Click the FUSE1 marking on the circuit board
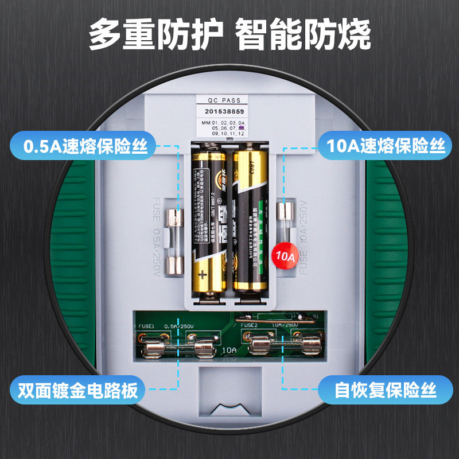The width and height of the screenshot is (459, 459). (x=147, y=326)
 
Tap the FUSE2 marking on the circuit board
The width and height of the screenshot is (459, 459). (x=250, y=325)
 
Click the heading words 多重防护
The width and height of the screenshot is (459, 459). (x=155, y=36)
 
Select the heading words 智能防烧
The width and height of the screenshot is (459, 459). (x=304, y=36)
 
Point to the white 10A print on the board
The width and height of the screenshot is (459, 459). (x=228, y=349)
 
